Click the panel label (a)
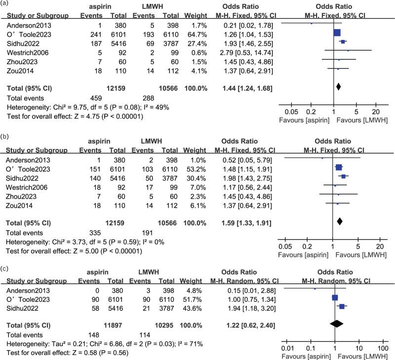[5, 4]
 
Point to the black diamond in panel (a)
[338, 87]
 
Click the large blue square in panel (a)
[337, 33]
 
